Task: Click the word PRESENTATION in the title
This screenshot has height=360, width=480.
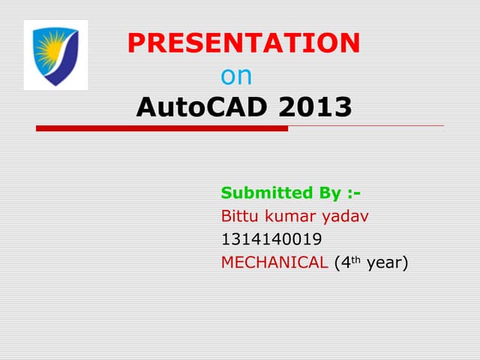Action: pyautogui.click(x=244, y=43)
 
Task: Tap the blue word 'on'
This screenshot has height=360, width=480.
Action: pyautogui.click(x=237, y=76)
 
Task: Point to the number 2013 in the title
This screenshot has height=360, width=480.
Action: pyautogui.click(x=314, y=108)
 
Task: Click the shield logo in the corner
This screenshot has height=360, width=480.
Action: pyautogui.click(x=55, y=55)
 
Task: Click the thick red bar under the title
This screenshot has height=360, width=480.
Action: pyautogui.click(x=162, y=128)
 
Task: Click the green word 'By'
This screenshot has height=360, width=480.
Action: pyautogui.click(x=330, y=193)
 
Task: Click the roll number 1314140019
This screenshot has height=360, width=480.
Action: pyautogui.click(x=271, y=240)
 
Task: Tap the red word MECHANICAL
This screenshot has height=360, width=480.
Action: pyautogui.click(x=274, y=262)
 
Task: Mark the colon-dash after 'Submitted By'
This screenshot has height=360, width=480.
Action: pyautogui.click(x=355, y=194)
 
